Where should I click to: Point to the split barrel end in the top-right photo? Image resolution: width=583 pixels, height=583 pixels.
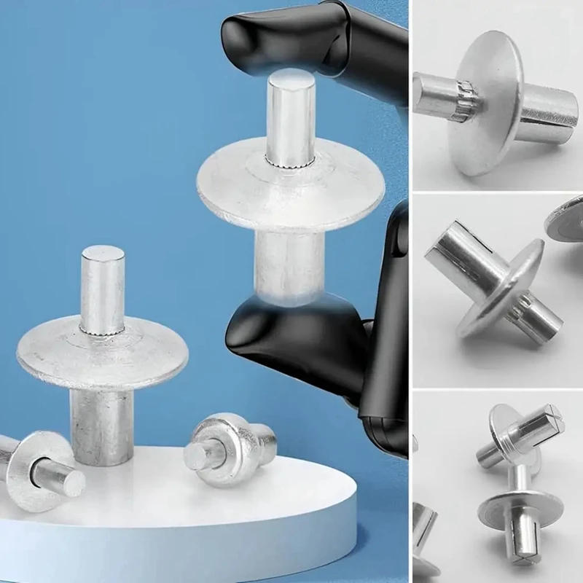550,117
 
